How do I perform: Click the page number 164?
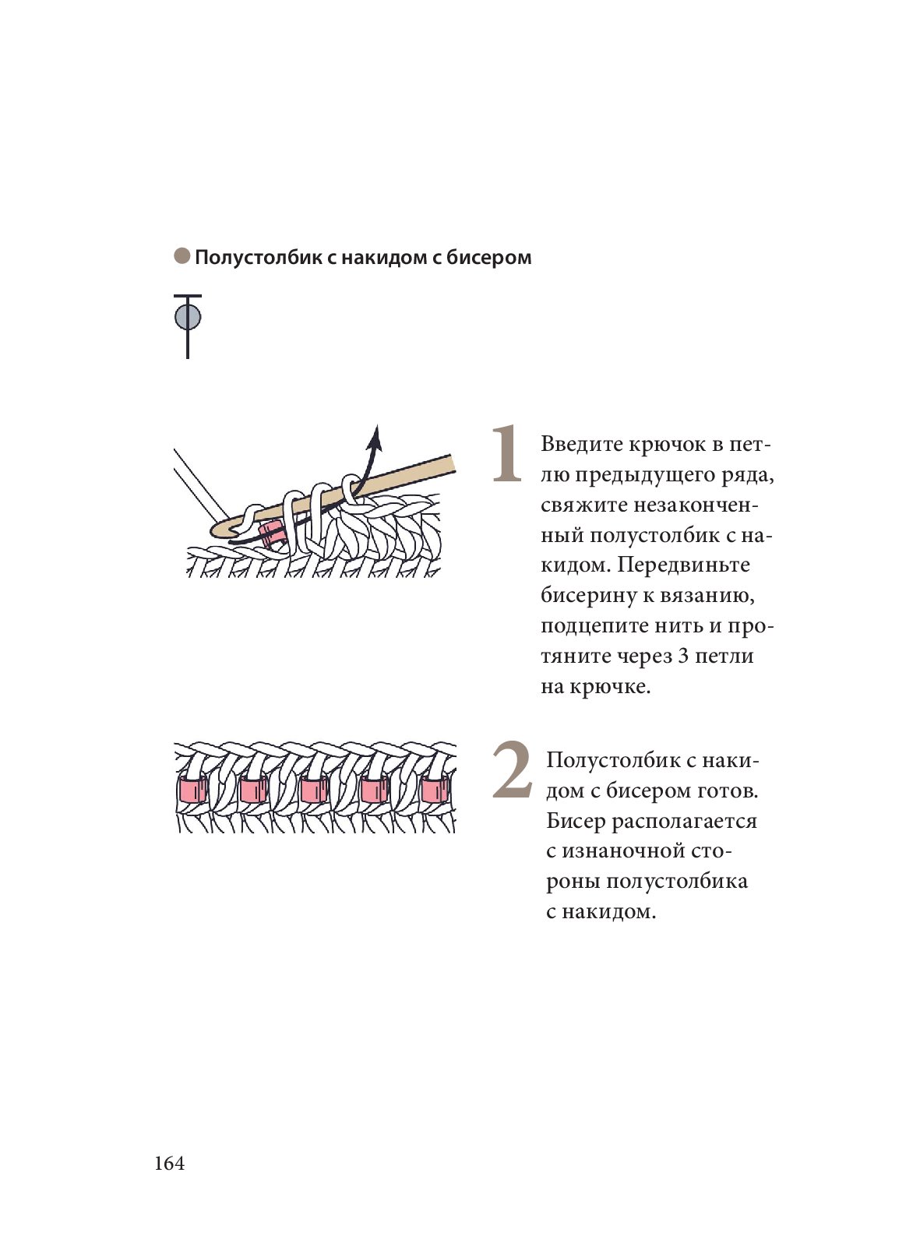[170, 1164]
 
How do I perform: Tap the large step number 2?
[512, 769]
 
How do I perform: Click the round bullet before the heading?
[182, 256]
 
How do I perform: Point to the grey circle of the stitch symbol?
[188, 317]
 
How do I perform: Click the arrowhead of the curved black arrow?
[375, 437]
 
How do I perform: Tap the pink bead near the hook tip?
[271, 534]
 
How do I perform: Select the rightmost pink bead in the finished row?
[435, 790]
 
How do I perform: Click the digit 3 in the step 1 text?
[683, 656]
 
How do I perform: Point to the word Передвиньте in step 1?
[684, 565]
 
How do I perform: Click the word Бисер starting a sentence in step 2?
[576, 821]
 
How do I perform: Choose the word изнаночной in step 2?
[619, 851]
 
